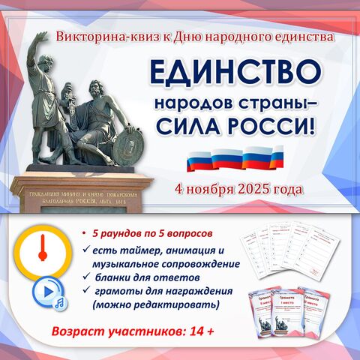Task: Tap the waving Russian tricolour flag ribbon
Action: coord(235,158)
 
